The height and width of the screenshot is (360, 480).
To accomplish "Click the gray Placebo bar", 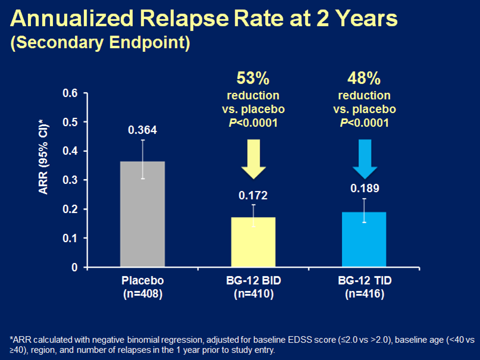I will point(143,214).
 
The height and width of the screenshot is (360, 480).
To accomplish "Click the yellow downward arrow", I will point(253,159).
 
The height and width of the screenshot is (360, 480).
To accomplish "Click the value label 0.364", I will point(143,130).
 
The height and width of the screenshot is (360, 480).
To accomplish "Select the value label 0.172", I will point(253,195).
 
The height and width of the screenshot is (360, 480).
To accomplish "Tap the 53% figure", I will point(254,79).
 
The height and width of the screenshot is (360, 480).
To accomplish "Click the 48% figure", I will point(364,79).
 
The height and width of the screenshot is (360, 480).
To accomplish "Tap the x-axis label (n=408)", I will point(143,293).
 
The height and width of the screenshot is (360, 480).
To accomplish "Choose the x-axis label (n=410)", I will point(253,293).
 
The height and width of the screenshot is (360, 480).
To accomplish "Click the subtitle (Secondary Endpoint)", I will point(99,44).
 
